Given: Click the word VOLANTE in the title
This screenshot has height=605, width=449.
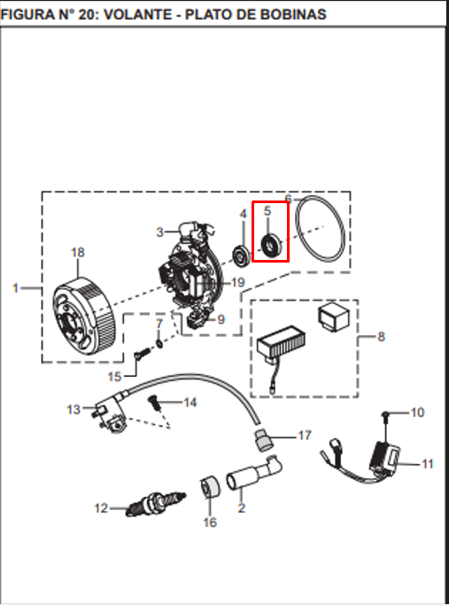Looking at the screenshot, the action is click(138, 15).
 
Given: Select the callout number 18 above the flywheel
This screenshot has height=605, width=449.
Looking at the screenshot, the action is click(77, 252).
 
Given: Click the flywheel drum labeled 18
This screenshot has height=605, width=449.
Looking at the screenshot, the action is click(84, 317).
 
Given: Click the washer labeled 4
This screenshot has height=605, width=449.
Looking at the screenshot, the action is click(242, 255).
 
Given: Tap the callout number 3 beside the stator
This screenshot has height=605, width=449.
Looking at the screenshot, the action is click(159, 232).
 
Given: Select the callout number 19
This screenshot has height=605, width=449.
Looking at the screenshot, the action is click(238, 282).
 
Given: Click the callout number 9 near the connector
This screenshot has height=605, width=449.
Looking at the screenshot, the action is click(221, 319).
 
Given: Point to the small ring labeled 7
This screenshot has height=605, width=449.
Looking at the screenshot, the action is click(159, 342).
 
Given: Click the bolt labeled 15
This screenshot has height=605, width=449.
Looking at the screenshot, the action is click(143, 353).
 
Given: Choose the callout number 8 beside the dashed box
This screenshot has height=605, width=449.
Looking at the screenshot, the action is click(381, 336).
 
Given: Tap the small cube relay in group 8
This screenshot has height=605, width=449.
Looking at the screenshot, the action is click(334, 317).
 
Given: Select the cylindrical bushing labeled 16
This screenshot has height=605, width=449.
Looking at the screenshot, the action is click(210, 487).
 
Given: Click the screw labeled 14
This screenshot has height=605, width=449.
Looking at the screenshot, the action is click(155, 403).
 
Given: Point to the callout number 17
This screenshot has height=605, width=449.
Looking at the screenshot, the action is click(305, 436).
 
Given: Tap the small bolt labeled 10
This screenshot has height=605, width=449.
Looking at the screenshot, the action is click(385, 414).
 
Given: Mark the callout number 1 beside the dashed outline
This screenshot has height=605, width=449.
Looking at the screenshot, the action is click(15, 287).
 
